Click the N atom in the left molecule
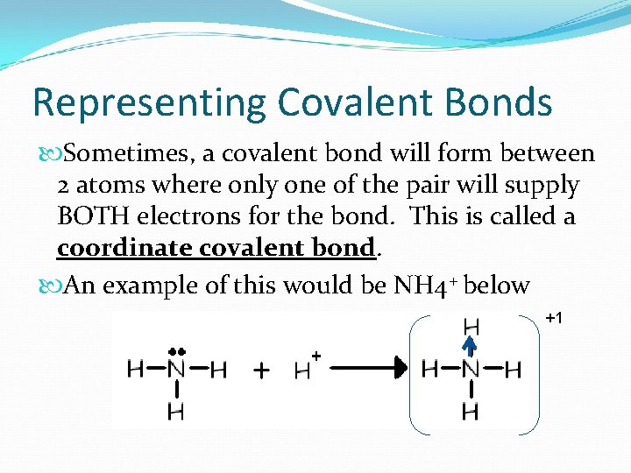[x=176, y=370]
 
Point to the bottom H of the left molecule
[x=176, y=411]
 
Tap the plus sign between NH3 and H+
[x=260, y=371]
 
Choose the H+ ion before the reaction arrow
[x=305, y=370]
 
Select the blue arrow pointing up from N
[x=470, y=348]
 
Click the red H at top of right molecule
[x=471, y=327]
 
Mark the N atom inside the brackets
[x=471, y=370]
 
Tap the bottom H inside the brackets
[x=471, y=411]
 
